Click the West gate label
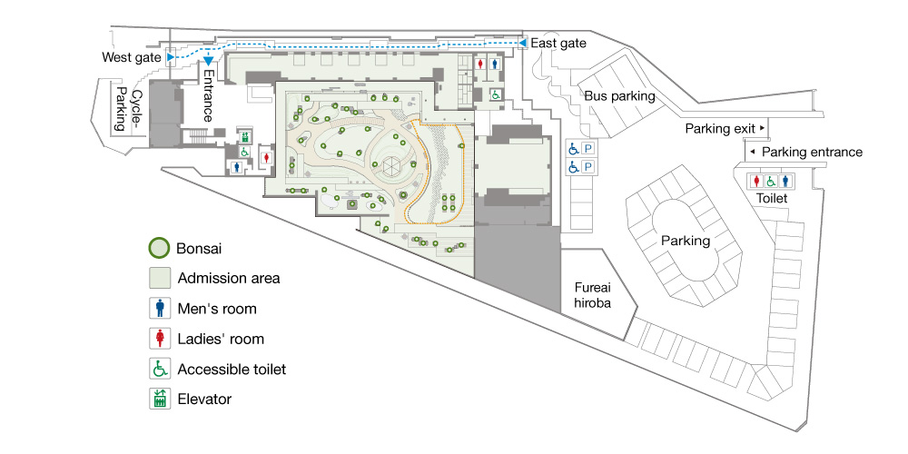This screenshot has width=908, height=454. point(132,57)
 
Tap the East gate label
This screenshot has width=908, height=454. point(558,44)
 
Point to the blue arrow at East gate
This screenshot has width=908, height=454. point(522,44)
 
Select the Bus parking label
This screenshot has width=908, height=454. point(619,96)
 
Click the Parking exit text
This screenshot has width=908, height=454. point(720,129)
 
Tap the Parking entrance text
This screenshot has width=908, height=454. point(812,153)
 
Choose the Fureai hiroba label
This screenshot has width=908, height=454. point(592,295)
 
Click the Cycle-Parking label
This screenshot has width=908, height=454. point(129,110)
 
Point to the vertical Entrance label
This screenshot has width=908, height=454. point(208,95)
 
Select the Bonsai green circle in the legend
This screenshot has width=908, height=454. point(159,249)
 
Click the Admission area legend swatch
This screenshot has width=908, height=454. point(160,278)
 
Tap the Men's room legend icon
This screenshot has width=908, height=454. point(160,308)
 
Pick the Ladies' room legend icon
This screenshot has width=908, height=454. point(160,338)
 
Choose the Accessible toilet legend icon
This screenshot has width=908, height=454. point(160,369)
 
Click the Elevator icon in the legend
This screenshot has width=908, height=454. point(160,399)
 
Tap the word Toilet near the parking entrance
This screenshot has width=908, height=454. point(772,199)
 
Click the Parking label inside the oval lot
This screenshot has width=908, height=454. point(686,241)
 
